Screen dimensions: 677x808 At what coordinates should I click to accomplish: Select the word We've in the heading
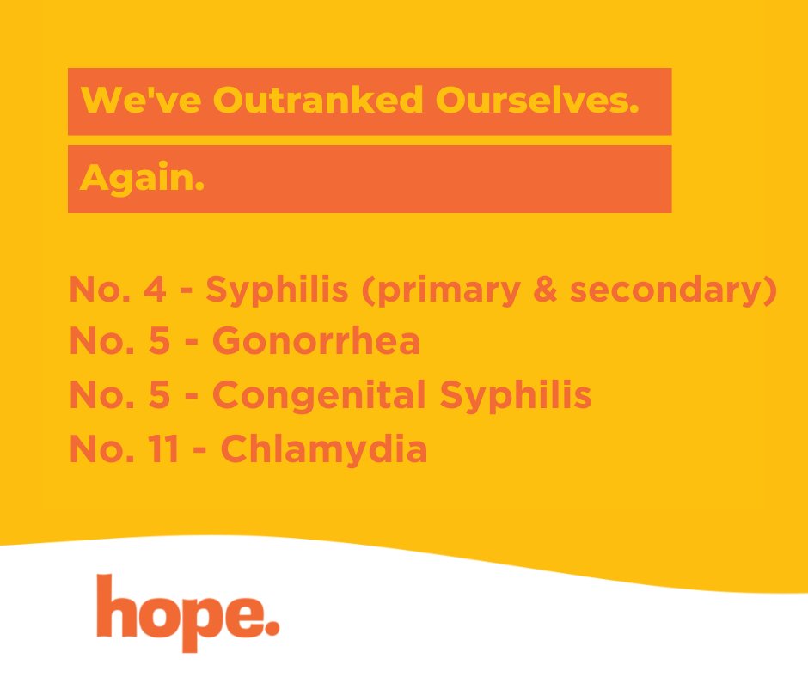click(x=141, y=101)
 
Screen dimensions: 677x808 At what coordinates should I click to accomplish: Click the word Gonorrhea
click(x=316, y=342)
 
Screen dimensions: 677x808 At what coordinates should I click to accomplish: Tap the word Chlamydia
click(x=324, y=450)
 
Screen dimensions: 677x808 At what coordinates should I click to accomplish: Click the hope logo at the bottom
click(x=187, y=612)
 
